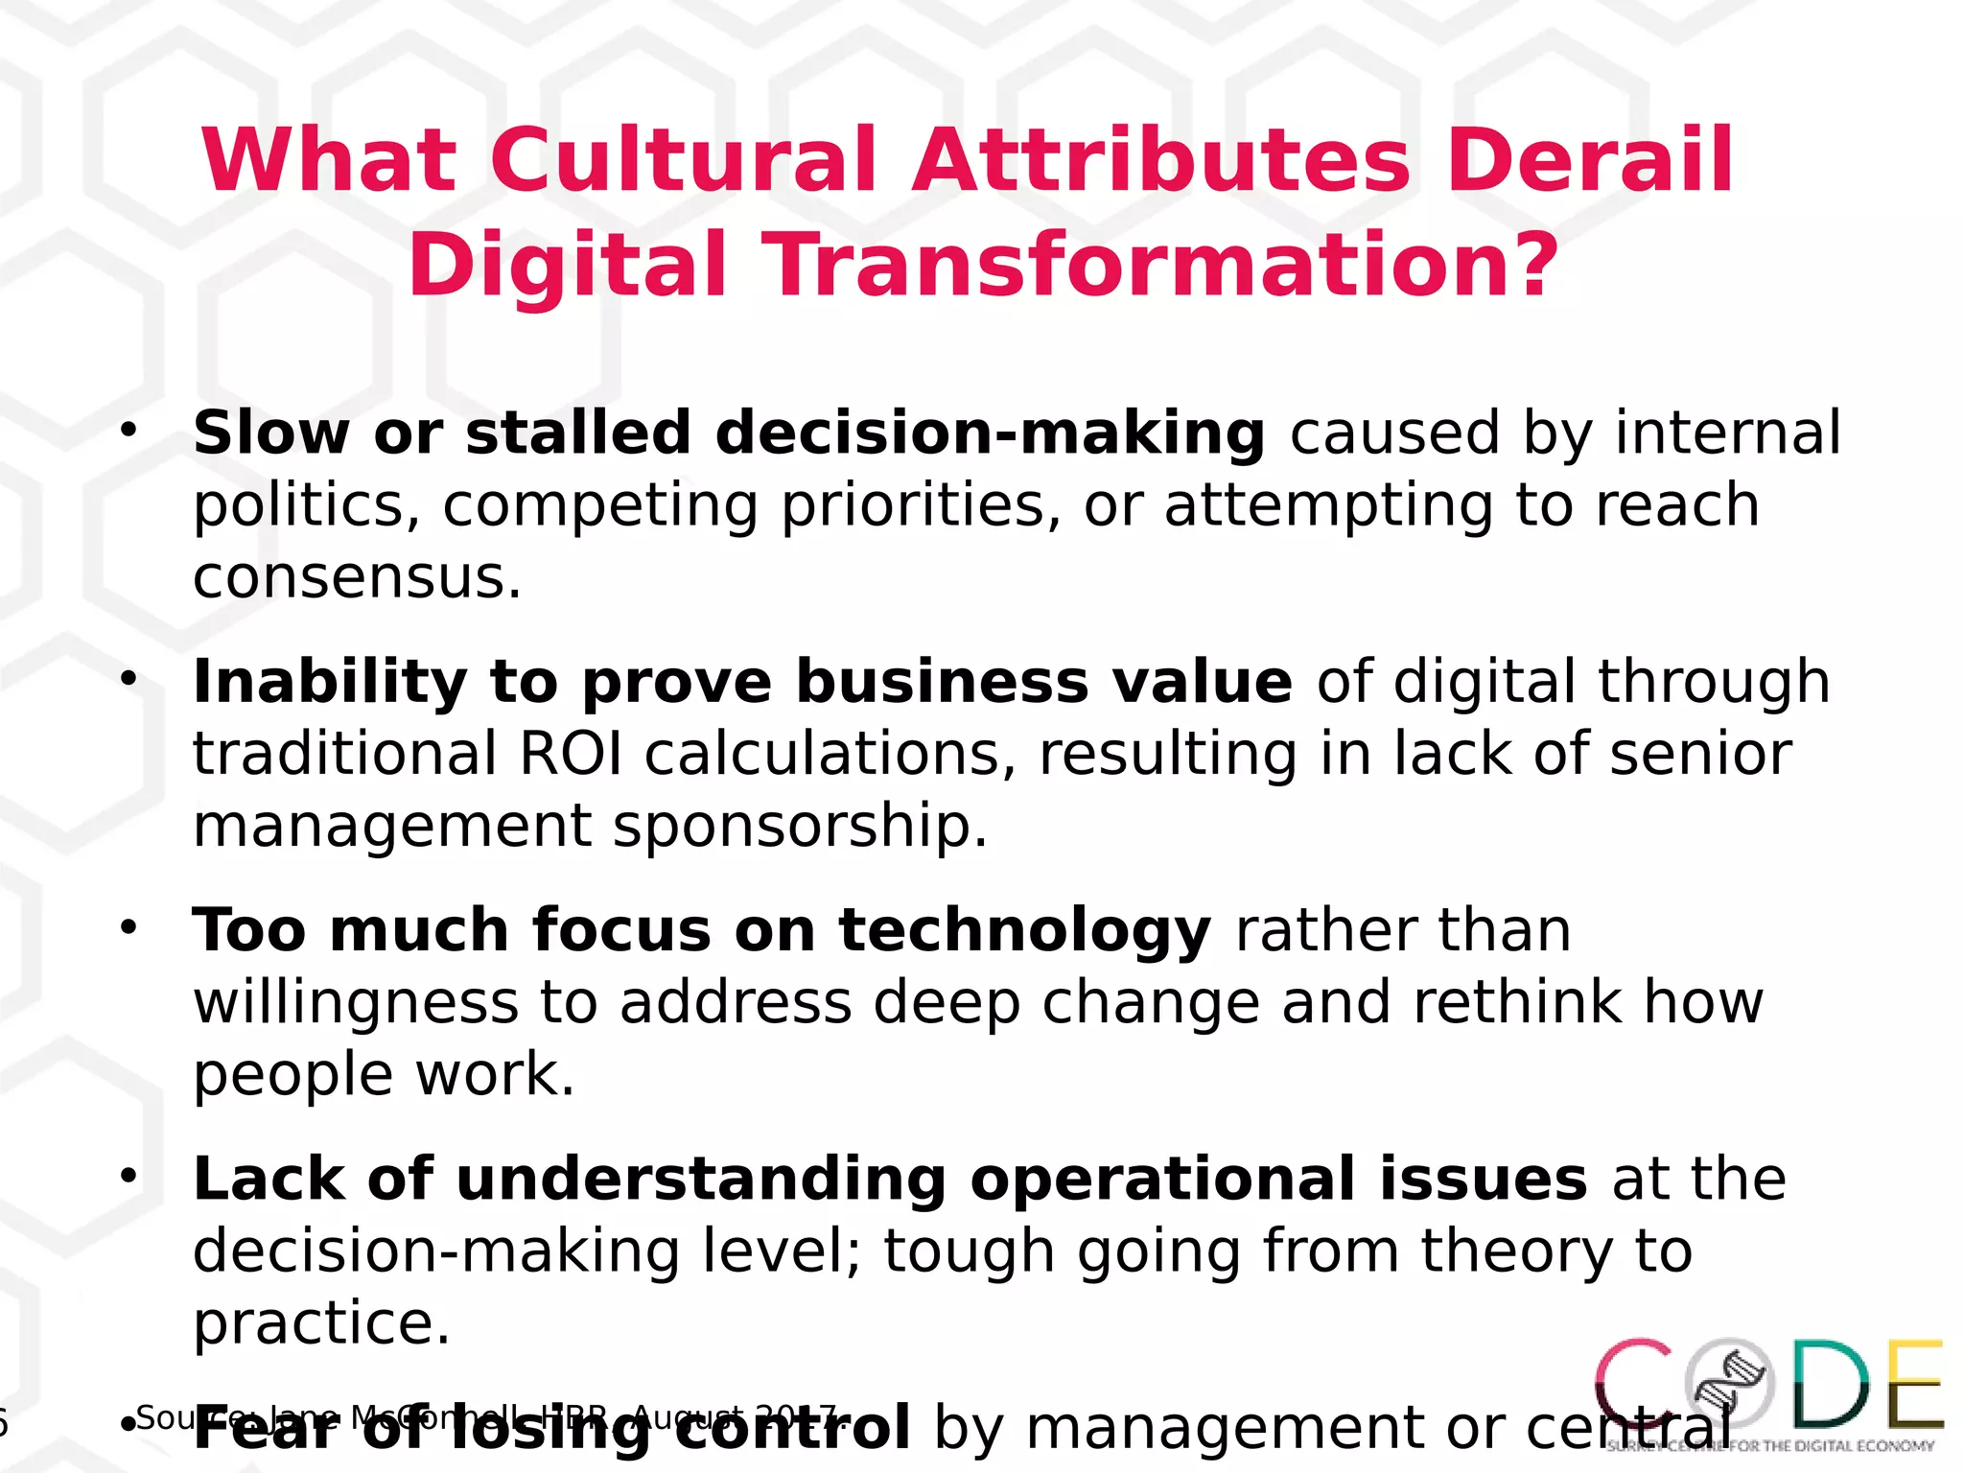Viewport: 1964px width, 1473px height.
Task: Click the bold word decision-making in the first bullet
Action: click(x=991, y=433)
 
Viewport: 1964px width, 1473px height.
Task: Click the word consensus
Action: click(x=357, y=577)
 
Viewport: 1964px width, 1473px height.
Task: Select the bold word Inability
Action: click(x=330, y=682)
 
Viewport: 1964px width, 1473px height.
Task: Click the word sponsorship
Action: click(x=800, y=826)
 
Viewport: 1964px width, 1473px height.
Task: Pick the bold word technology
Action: click(x=1024, y=931)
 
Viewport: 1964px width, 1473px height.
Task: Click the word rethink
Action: click(x=1516, y=1003)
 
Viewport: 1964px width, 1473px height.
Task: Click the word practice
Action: click(x=321, y=1323)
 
